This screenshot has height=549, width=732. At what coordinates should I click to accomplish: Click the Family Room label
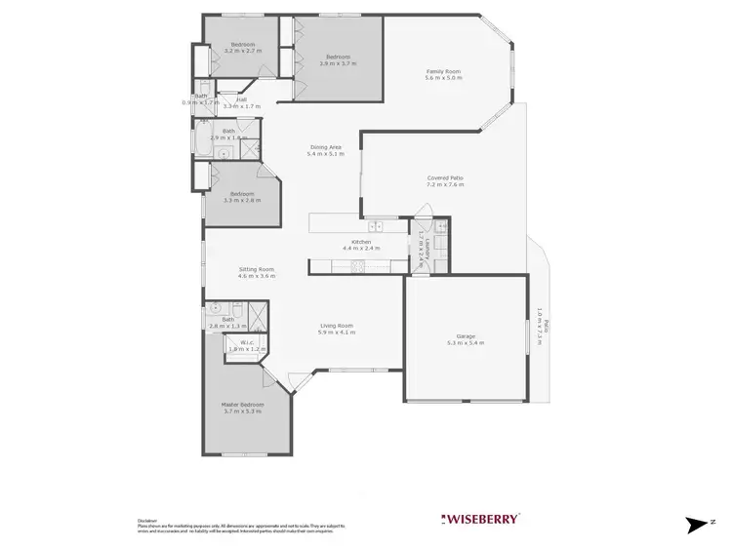point(442,70)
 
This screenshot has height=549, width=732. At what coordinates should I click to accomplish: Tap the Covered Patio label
point(445,177)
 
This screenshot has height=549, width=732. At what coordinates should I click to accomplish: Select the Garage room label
point(465,336)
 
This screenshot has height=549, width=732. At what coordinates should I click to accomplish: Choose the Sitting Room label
point(256,269)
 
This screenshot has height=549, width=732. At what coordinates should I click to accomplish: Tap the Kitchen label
point(362,241)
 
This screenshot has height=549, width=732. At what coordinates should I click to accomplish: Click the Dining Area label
point(324,147)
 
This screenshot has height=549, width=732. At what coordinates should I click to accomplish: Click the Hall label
point(240,98)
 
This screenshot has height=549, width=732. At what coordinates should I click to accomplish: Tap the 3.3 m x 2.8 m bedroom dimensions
point(242,200)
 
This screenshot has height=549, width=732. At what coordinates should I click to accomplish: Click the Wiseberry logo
point(482,518)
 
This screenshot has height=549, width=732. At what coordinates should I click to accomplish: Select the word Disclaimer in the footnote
point(148,520)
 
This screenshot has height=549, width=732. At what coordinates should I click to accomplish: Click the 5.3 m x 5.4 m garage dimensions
point(465,343)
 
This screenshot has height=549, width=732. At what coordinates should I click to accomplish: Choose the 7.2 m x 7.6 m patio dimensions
point(445,184)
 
